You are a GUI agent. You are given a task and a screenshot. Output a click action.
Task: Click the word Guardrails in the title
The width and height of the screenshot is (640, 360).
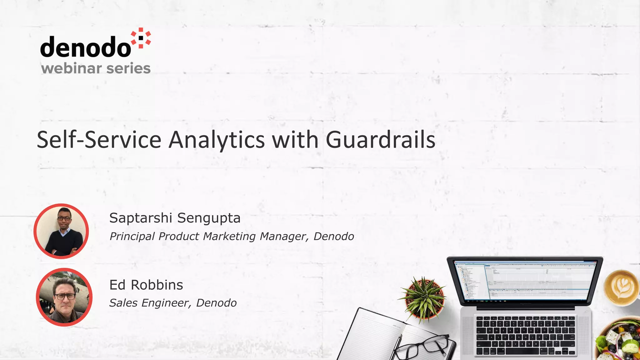(380, 140)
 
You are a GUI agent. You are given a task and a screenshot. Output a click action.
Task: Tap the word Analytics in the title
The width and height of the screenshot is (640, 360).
(217, 140)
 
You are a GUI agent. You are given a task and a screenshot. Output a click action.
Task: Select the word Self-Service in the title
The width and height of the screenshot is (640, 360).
(99, 140)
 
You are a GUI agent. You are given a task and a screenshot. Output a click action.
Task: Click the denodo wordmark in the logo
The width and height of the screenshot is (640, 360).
(85, 47)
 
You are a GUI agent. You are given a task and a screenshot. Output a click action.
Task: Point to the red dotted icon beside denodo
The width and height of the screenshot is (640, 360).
(141, 38)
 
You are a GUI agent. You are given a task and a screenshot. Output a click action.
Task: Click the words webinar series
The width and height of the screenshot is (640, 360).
(96, 68)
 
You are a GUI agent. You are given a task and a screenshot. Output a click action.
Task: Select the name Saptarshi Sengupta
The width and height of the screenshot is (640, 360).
(175, 218)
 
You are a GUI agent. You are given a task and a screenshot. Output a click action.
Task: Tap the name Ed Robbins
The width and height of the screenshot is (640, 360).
(146, 285)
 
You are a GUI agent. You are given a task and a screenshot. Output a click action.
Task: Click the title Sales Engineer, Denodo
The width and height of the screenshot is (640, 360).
(173, 303)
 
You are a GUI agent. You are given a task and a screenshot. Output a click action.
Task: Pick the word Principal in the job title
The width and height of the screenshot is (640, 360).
(132, 237)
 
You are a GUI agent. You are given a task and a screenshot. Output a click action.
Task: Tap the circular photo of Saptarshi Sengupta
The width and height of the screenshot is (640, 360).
(61, 231)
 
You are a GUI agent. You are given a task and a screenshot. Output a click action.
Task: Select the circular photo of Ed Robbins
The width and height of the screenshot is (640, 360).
(64, 297)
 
